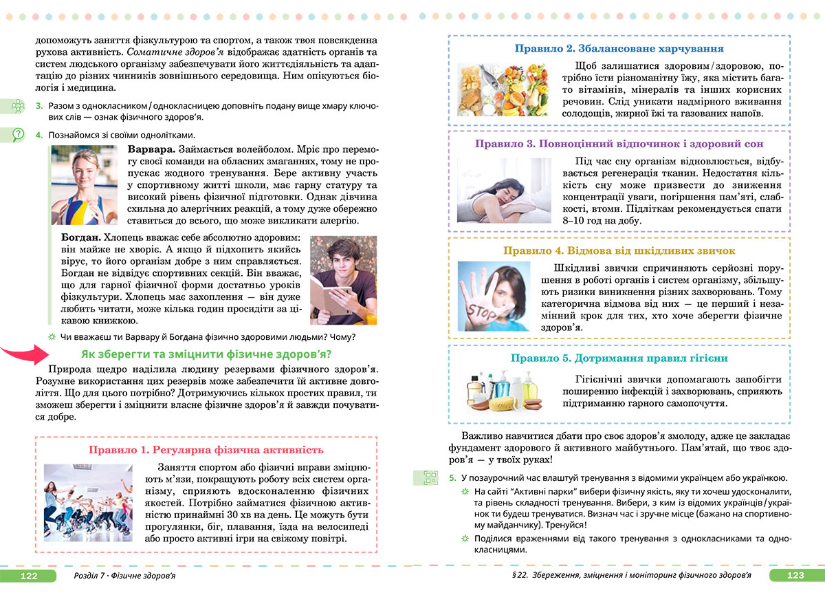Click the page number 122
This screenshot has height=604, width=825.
[29, 575]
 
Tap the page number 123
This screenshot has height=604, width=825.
[795, 575]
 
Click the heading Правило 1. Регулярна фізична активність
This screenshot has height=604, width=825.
[206, 450]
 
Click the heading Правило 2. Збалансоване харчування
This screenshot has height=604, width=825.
[619, 49]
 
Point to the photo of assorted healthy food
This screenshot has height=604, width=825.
[503, 91]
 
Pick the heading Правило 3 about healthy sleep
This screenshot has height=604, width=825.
[619, 144]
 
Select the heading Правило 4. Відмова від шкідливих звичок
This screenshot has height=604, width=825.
[619, 251]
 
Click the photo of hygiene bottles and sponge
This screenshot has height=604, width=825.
[503, 391]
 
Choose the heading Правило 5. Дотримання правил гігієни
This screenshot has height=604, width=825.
[619, 358]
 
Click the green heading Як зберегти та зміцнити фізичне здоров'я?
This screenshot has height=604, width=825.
[206, 354]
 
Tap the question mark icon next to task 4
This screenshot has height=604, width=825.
[18, 135]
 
